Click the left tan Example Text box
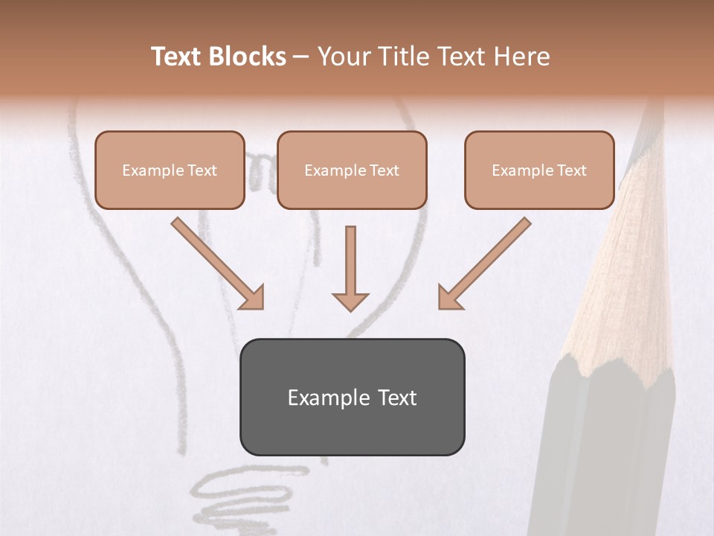pos(170,170)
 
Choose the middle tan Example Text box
pos(352,170)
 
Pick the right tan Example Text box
pos(539,170)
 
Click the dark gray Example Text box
pos(352,398)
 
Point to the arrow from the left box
pos(216,262)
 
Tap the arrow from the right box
pos(486,262)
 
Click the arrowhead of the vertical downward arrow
pos(350,301)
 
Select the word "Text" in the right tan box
pos(572,170)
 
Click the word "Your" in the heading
pos(342,57)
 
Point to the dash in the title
pos(301,57)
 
